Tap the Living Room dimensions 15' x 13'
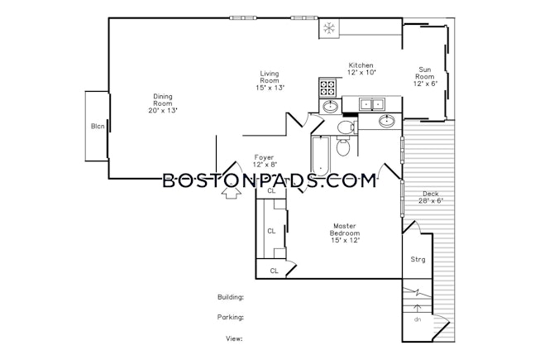[269, 89]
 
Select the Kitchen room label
[361, 65]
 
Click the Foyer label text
[264, 156]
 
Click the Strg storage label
[418, 259]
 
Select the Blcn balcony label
[98, 126]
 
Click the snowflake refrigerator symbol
[328, 28]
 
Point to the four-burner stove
[327, 86]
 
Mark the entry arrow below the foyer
[232, 194]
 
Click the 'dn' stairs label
[418, 319]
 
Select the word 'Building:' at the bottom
[230, 296]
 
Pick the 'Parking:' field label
[231, 317]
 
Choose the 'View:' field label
[234, 338]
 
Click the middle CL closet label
[270, 232]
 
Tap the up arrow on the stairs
[418, 307]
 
